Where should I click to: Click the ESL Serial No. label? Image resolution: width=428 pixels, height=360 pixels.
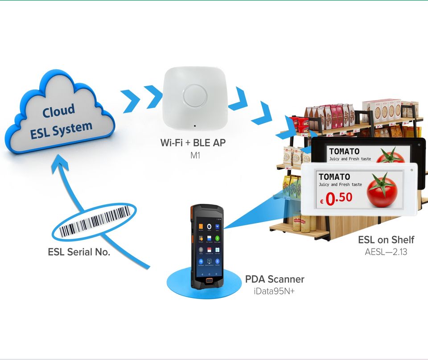(79, 252)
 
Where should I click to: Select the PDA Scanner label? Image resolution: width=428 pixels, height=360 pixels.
(275, 280)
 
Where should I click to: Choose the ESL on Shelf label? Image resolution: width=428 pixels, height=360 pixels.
(386, 240)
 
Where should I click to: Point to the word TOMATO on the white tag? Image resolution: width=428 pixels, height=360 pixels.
(334, 177)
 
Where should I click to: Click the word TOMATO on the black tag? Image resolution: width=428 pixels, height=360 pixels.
(344, 152)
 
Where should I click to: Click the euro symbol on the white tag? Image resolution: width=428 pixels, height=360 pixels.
(321, 202)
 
